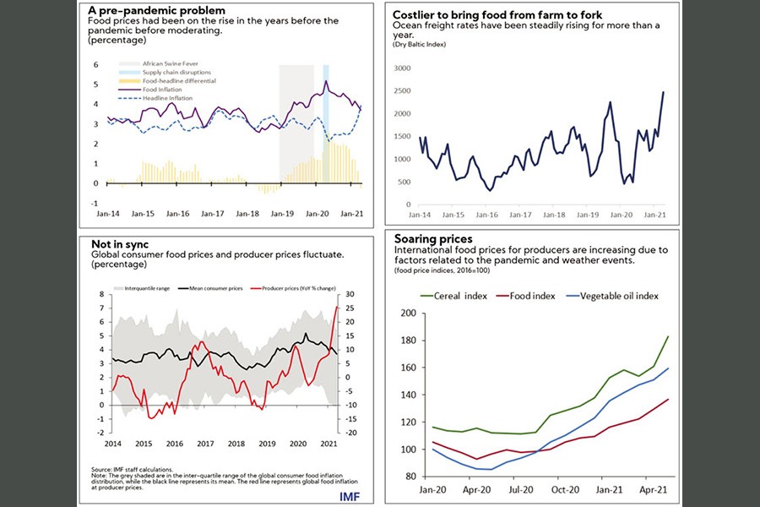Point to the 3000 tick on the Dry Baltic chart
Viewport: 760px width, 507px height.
(x=401, y=68)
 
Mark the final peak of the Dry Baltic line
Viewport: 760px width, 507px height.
(x=663, y=92)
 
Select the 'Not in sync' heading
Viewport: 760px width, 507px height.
(x=120, y=243)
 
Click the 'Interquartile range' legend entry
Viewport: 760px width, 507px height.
(x=147, y=288)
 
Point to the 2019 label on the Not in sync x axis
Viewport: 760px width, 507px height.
(x=267, y=443)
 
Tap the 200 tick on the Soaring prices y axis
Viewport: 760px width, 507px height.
(x=410, y=313)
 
